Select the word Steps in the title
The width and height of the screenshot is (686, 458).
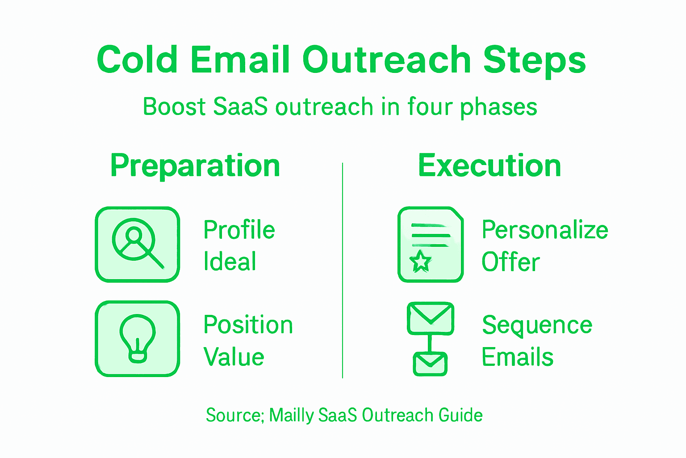534,60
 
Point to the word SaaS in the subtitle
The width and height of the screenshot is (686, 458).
240,107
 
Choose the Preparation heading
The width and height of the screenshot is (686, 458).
195,166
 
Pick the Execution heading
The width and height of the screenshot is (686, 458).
489,166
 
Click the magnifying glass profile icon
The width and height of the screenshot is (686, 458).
137,244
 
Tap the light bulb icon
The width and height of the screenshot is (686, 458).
137,338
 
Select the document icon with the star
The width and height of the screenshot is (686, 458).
430,244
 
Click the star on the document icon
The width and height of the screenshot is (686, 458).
420,261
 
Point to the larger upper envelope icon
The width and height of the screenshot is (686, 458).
431,318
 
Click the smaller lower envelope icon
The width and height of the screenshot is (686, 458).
430,364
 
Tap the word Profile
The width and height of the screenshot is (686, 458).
239,230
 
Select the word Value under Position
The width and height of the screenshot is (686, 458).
234,357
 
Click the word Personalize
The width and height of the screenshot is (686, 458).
545,230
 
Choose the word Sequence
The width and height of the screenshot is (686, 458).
537,326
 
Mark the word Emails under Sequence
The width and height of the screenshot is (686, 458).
518,357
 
